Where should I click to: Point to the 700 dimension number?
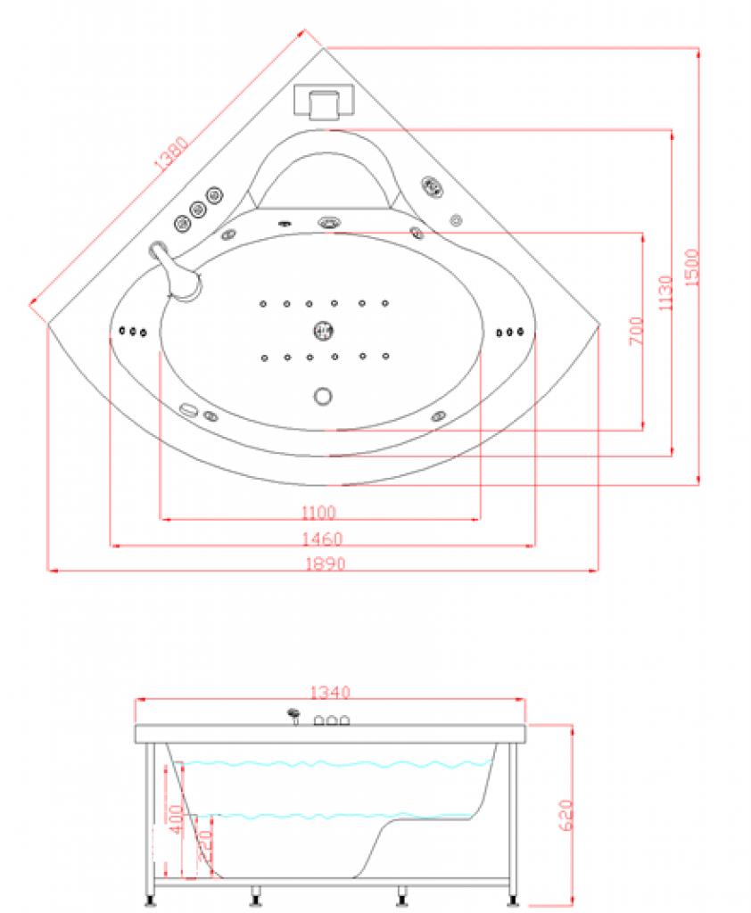[637, 332]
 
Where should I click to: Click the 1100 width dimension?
[318, 512]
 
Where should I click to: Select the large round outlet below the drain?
[323, 395]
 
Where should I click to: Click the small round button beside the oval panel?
[456, 218]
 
